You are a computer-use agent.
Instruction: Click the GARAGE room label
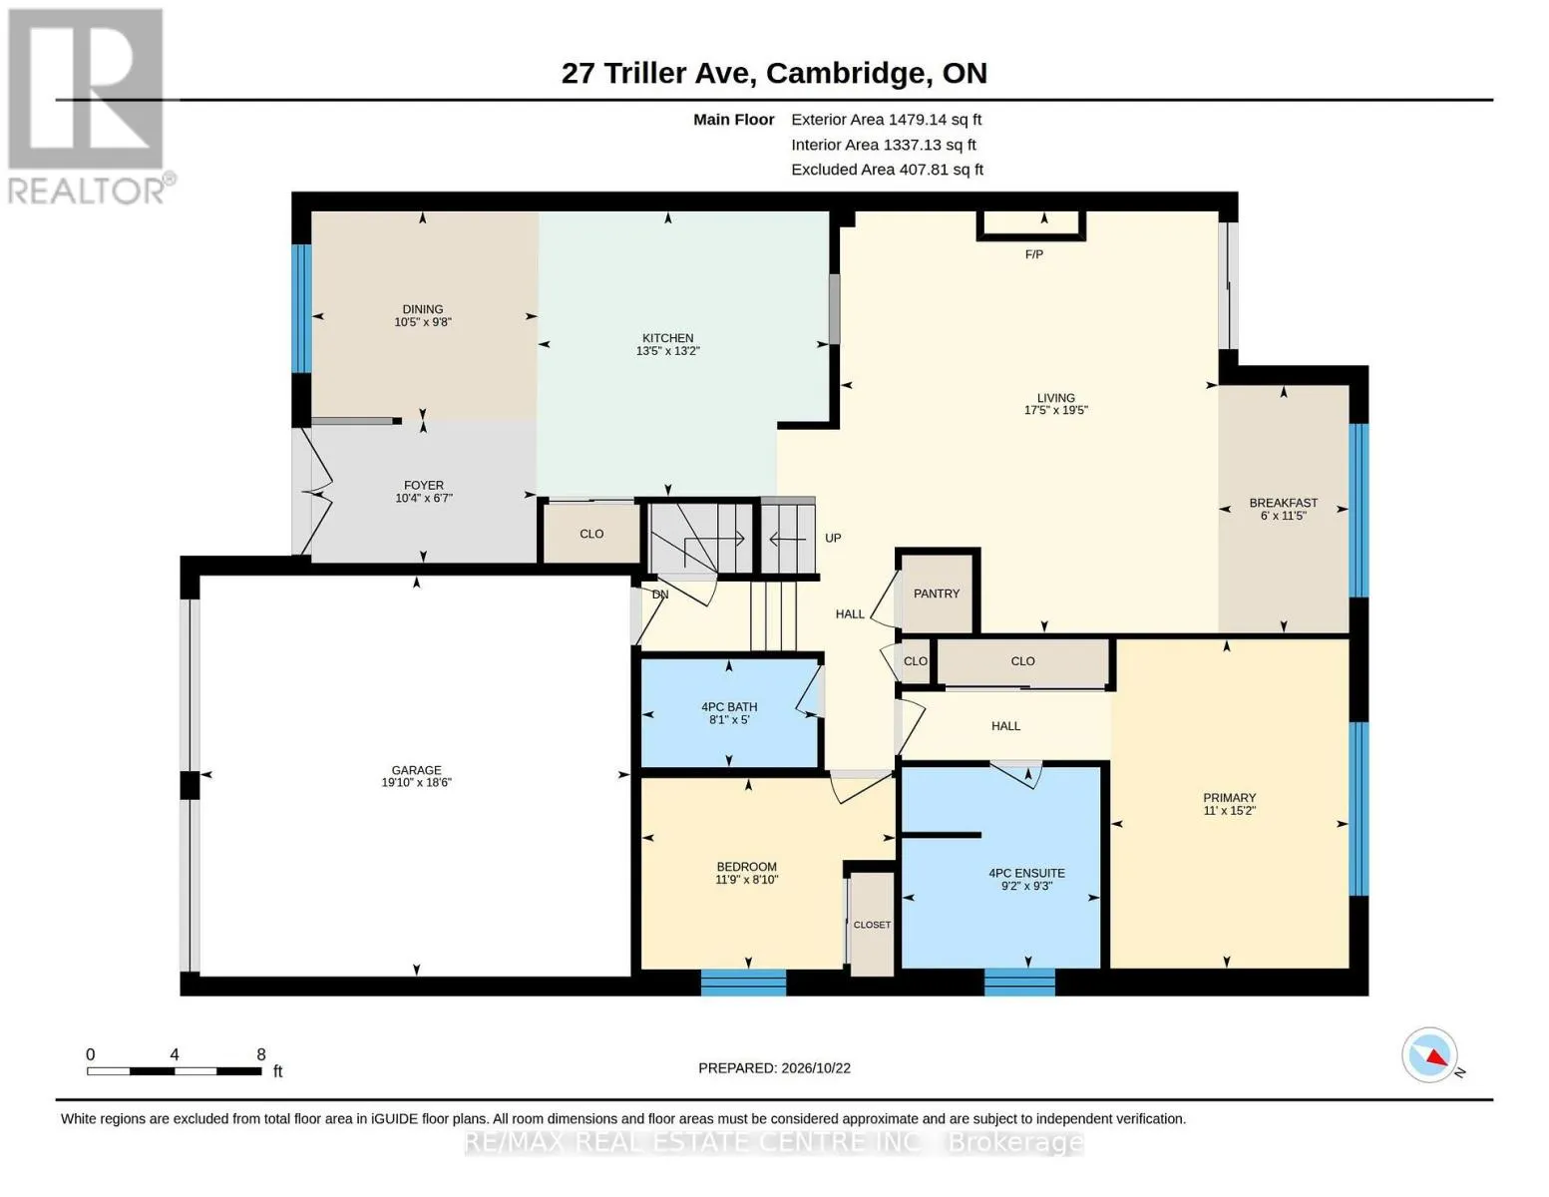(x=416, y=770)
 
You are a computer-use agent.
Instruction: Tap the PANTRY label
(x=936, y=594)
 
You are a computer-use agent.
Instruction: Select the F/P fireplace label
(x=1033, y=254)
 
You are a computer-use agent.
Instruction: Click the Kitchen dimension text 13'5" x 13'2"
(x=668, y=351)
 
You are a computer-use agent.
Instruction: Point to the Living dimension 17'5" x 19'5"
(x=1055, y=410)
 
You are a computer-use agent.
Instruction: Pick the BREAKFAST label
(x=1283, y=503)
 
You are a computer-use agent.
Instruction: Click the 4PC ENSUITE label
(x=1026, y=874)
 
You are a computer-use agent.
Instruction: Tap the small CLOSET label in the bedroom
(x=872, y=925)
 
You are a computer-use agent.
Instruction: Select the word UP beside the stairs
(x=833, y=539)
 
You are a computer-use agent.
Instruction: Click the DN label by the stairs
(x=660, y=595)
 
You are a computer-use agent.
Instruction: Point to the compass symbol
(x=1429, y=1054)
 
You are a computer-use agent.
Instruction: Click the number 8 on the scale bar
(x=261, y=1054)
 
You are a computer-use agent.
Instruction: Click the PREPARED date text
(x=774, y=1068)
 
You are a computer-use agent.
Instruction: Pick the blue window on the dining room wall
(x=301, y=308)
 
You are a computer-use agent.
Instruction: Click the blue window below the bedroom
(x=743, y=983)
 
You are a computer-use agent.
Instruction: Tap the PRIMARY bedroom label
(x=1229, y=798)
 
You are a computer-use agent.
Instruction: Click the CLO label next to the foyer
(x=591, y=534)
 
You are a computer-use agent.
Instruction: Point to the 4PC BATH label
(x=728, y=707)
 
